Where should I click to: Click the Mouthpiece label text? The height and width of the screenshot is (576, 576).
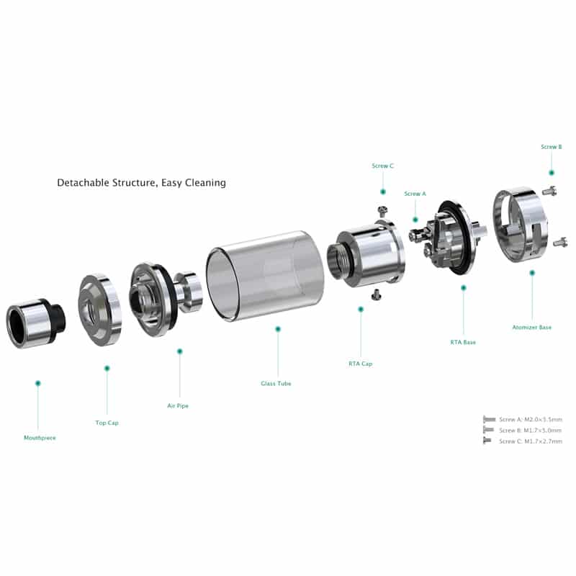click(x=40, y=438)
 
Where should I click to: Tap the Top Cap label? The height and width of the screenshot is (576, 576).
click(x=107, y=423)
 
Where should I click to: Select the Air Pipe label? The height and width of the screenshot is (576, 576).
click(x=178, y=405)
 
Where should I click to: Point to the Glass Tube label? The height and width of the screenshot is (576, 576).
click(x=276, y=384)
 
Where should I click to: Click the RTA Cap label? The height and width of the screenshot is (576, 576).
click(x=361, y=364)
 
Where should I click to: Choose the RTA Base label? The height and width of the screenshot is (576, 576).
click(x=463, y=342)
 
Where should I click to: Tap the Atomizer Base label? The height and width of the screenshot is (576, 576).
click(x=532, y=327)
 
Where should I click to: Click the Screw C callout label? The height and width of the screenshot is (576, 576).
click(x=382, y=166)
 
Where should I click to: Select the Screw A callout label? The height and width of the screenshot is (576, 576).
click(x=415, y=194)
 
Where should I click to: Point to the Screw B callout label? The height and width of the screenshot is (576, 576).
click(x=552, y=147)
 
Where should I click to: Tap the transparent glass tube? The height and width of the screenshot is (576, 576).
click(x=265, y=276)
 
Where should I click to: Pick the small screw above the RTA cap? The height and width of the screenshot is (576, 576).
click(x=382, y=210)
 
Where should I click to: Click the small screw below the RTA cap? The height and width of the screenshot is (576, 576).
click(x=376, y=294)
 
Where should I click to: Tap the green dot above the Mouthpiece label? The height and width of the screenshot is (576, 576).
click(x=38, y=383)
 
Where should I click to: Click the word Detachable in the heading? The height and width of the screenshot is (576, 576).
click(x=84, y=183)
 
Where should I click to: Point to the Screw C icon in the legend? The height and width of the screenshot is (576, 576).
click(x=487, y=441)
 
